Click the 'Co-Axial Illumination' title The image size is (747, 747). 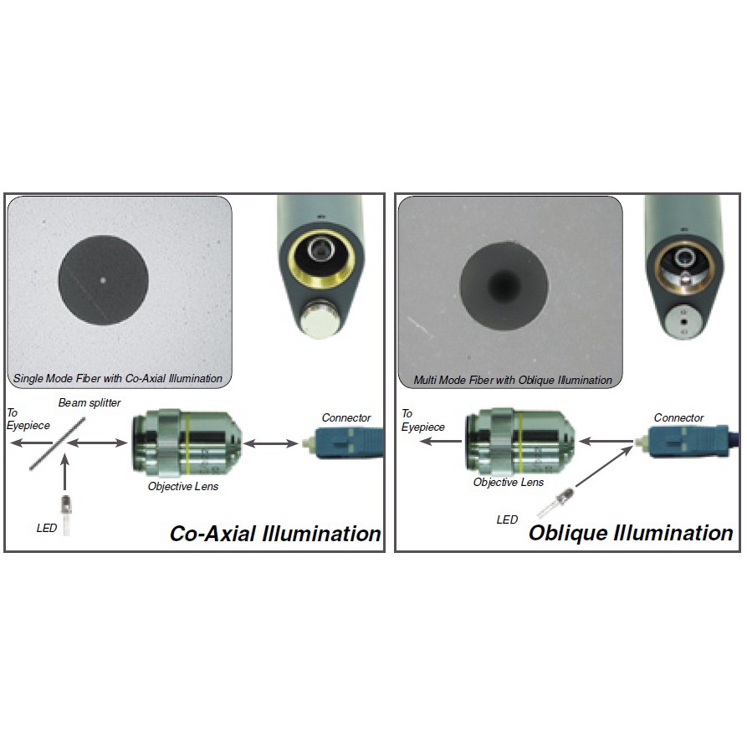click(275, 533)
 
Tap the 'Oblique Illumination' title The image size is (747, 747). click(631, 533)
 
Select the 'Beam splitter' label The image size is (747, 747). click(90, 403)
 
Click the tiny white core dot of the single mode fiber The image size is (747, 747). click(103, 281)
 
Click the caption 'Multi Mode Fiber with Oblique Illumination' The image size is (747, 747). click(513, 381)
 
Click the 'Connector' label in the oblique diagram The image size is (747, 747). click(678, 417)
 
